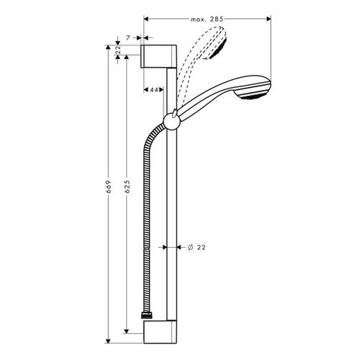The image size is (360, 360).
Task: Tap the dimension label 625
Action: tap(127, 189)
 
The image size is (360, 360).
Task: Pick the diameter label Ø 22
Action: tap(197, 247)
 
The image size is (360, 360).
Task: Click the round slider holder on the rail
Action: tap(173, 119)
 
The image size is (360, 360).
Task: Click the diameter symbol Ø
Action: tap(189, 247)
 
